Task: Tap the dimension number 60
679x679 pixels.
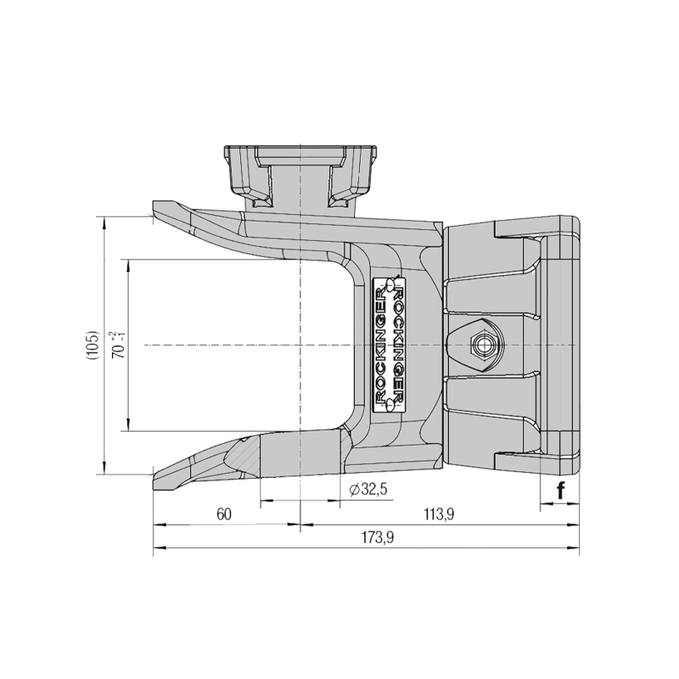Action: pos(224,514)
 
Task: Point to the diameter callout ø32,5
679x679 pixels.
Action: pos(368,490)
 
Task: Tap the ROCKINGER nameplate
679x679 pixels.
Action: pos(391,345)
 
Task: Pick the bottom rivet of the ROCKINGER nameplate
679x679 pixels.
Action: pos(391,406)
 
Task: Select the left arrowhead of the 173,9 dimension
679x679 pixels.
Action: pos(157,548)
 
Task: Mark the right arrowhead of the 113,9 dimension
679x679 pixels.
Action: pos(575,525)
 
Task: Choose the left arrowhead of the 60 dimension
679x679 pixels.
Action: pos(157,525)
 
